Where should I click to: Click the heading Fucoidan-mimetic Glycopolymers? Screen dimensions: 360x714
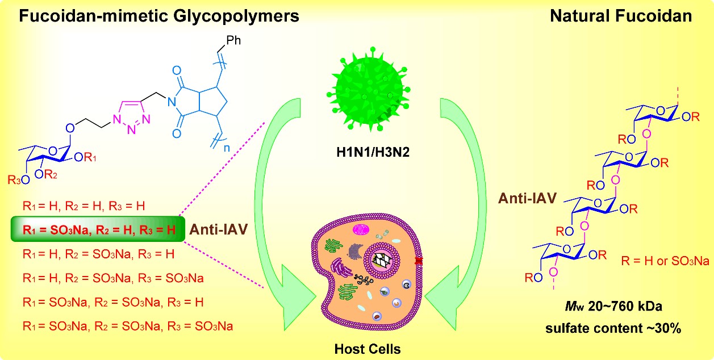(x=160, y=16)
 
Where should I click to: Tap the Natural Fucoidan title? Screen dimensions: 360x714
(x=621, y=16)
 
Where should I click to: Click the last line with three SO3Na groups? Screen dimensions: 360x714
(x=128, y=326)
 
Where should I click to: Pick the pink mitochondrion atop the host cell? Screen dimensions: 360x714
(x=361, y=230)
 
